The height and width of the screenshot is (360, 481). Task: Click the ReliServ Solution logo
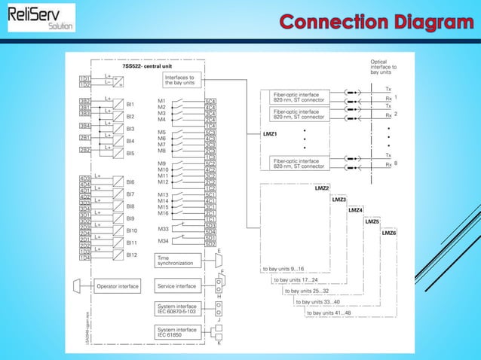click(x=41, y=17)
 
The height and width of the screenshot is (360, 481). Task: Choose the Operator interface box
click(x=117, y=286)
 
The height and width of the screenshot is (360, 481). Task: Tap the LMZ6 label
click(x=389, y=233)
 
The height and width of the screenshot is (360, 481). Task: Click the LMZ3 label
click(x=339, y=200)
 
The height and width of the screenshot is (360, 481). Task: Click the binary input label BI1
click(x=130, y=104)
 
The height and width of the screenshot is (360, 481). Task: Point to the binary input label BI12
click(x=132, y=255)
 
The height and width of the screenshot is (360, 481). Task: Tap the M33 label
click(x=163, y=228)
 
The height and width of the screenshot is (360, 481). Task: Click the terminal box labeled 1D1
click(x=84, y=78)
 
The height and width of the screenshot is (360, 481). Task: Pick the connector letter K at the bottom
click(x=219, y=343)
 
